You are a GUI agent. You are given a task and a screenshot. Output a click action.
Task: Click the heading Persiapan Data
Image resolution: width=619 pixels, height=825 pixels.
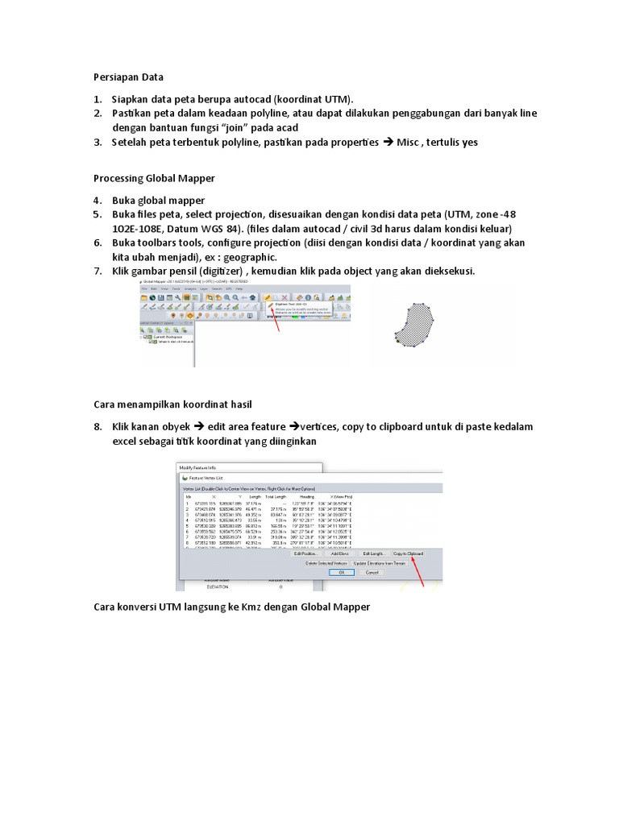click(128, 77)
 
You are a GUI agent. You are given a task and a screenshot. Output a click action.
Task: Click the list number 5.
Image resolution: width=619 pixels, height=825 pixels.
click(97, 214)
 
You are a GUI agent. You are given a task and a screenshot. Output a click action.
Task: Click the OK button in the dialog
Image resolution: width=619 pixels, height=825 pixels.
click(341, 572)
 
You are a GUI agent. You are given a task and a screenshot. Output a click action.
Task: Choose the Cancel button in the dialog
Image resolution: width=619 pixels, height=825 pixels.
click(372, 572)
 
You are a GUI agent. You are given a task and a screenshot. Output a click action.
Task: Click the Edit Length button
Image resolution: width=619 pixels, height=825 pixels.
click(374, 553)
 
